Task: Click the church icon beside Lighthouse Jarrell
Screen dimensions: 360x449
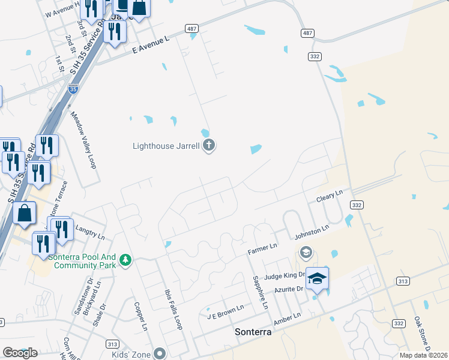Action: (x=209, y=145)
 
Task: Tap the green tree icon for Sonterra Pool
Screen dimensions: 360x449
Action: (x=125, y=260)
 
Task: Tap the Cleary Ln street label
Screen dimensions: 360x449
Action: (x=330, y=195)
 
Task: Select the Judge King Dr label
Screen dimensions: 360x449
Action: (x=282, y=275)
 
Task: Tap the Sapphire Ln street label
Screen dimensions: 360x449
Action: (x=260, y=292)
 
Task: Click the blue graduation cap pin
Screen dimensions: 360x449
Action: (x=318, y=280)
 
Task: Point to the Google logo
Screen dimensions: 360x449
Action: (x=20, y=353)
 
